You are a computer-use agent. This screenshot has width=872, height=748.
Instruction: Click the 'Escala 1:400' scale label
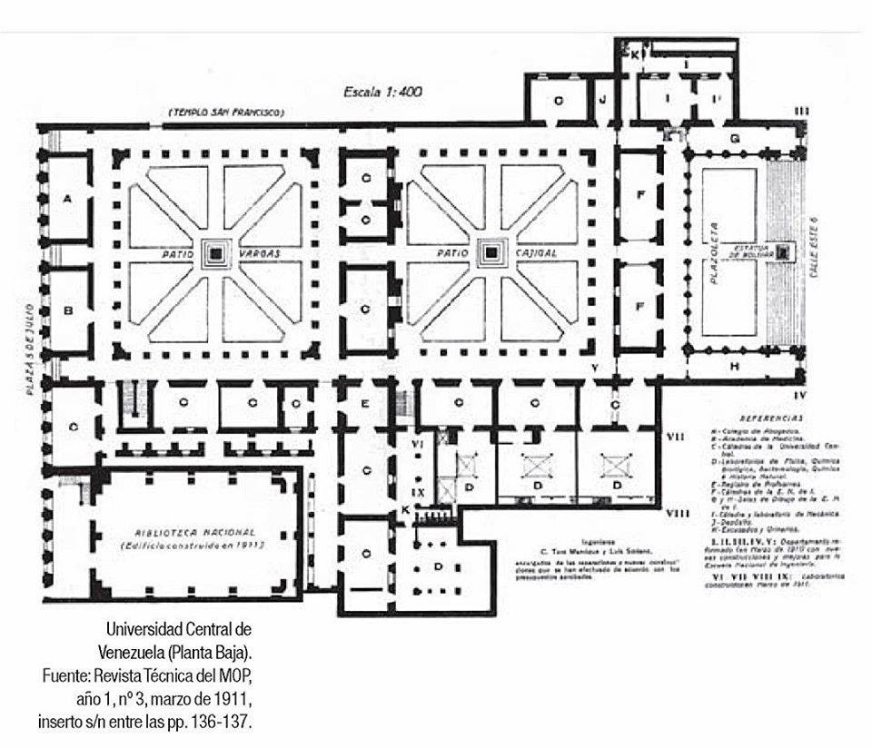coord(382,92)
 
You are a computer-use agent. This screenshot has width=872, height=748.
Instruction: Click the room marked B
coord(67,310)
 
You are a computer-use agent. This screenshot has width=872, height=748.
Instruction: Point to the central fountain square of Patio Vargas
coord(216,253)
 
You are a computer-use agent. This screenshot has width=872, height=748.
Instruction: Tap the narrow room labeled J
coord(601,98)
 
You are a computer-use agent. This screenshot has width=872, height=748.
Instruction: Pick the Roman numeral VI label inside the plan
coord(419,444)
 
